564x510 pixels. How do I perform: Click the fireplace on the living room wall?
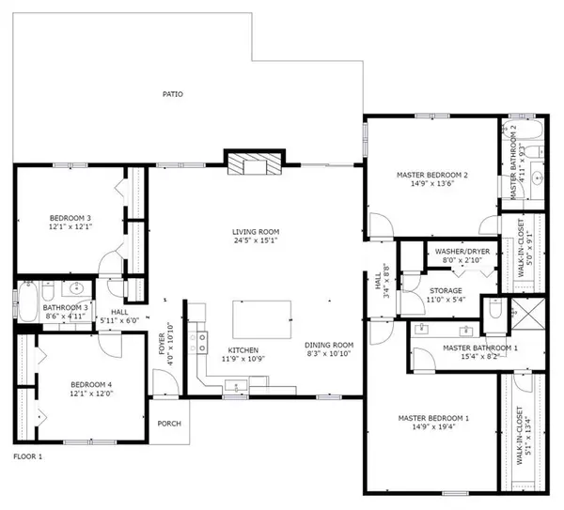[x=253, y=163]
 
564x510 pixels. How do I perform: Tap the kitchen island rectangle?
[x=260, y=320]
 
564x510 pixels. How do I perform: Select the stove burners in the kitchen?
[x=199, y=343]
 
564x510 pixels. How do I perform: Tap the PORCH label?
[x=169, y=423]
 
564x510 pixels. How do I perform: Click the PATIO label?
[x=172, y=94]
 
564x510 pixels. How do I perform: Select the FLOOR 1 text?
[x=28, y=457]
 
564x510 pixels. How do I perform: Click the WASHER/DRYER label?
[x=461, y=252]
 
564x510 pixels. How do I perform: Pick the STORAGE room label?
[x=446, y=290]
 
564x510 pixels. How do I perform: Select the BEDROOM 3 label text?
[x=70, y=218]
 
